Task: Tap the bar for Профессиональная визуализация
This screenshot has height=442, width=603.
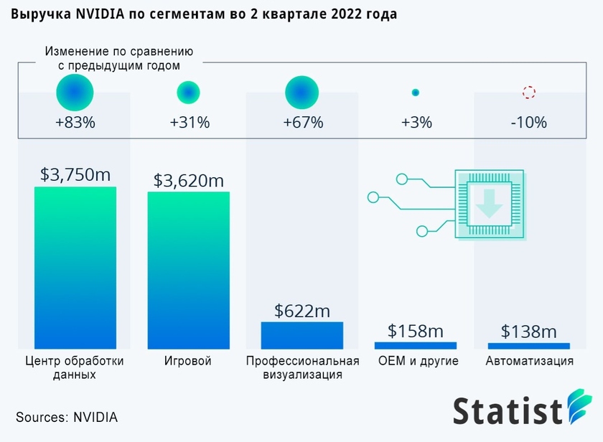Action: point(302,335)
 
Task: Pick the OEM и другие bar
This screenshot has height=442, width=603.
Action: point(416,345)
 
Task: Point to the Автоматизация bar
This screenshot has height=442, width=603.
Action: point(529,346)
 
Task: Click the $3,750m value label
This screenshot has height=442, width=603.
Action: point(75,174)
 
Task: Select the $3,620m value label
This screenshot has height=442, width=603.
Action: point(188,179)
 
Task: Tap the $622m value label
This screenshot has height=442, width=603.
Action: point(302,311)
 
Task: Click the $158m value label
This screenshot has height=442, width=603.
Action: point(416,331)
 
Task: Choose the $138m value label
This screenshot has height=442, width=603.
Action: point(529,331)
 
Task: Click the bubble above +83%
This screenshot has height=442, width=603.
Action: point(75,93)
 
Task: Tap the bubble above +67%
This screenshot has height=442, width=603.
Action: point(302,93)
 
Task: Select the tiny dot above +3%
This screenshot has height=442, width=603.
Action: point(416,93)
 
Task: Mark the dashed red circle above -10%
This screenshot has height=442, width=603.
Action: point(529,93)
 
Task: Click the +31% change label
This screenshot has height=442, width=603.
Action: point(190,123)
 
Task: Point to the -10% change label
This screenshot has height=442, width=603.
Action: point(529,123)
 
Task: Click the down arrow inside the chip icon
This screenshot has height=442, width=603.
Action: point(490,202)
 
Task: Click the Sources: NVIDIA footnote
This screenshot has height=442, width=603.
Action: point(67,417)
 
